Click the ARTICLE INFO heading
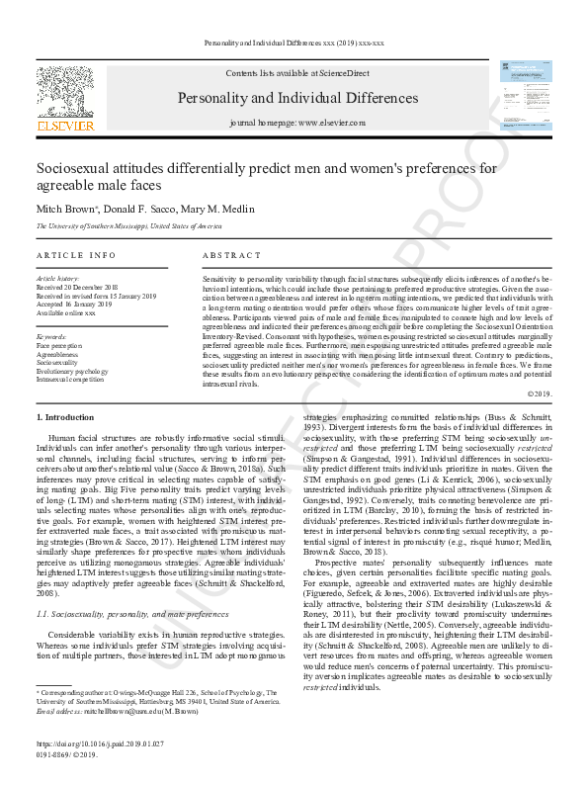(x=76, y=255)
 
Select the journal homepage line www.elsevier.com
(x=296, y=123)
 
